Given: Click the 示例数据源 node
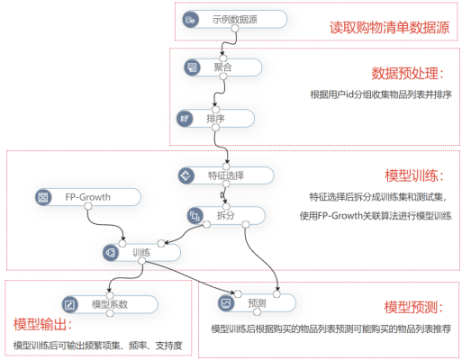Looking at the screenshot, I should pyautogui.click(x=233, y=19).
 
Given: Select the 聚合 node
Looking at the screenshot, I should pyautogui.click(x=221, y=67).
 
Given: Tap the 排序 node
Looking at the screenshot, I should pyautogui.click(x=215, y=118).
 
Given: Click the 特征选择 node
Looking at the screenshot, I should pyautogui.click(x=223, y=175).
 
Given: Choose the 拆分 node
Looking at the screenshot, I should pyautogui.click(x=224, y=216).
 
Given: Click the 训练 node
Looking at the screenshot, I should pyautogui.click(x=141, y=253).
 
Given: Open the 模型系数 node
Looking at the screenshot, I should pyautogui.click(x=105, y=304).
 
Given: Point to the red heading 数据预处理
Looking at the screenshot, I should pyautogui.click(x=408, y=73).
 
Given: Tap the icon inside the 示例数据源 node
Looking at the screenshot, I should pyautogui.click(x=191, y=19).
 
